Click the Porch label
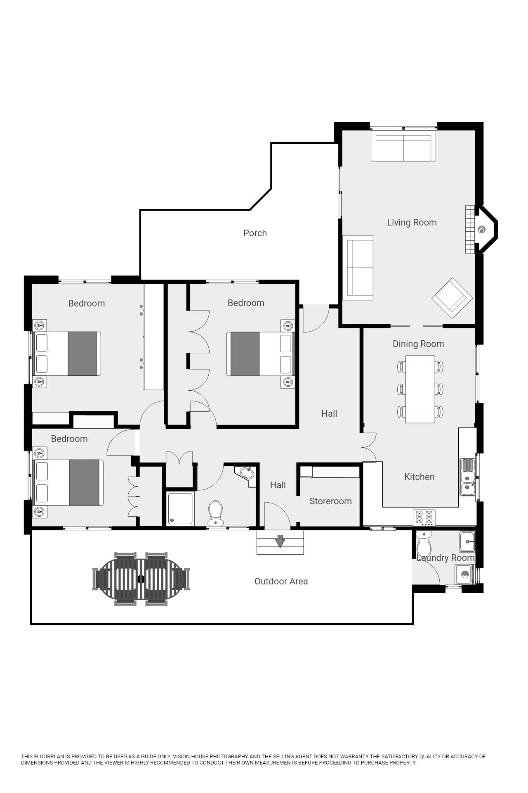pyautogui.click(x=255, y=233)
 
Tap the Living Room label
pyautogui.click(x=412, y=223)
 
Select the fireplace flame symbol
pyautogui.click(x=481, y=229)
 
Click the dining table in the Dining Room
pyautogui.click(x=420, y=389)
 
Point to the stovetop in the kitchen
pyautogui.click(x=424, y=518)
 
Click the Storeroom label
pyautogui.click(x=330, y=501)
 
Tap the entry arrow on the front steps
pyautogui.click(x=280, y=541)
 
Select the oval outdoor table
pyautogui.click(x=141, y=579)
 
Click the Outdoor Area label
pyautogui.click(x=281, y=582)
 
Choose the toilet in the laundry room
pyautogui.click(x=424, y=543)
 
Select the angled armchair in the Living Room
pyautogui.click(x=452, y=298)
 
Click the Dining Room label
pyautogui.click(x=418, y=344)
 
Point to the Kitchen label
pyautogui.click(x=419, y=477)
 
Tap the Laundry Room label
pyautogui.click(x=445, y=558)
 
